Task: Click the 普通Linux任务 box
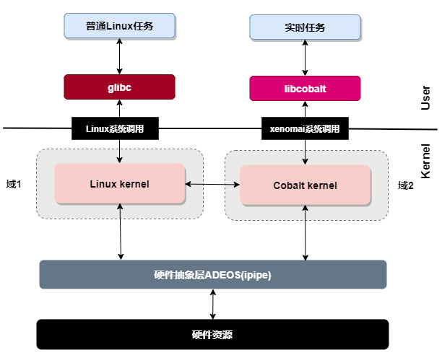119,26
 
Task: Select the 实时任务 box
305,27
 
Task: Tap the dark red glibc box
119,87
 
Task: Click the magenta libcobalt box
305,88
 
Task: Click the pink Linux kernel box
119,184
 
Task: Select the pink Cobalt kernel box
305,185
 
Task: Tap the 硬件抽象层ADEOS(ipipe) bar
212,274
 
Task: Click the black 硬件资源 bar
212,335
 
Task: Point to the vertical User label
425,97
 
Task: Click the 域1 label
13,185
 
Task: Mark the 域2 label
406,185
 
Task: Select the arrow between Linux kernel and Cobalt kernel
212,185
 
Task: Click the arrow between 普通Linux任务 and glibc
119,56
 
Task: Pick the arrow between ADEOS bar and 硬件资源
212,304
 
